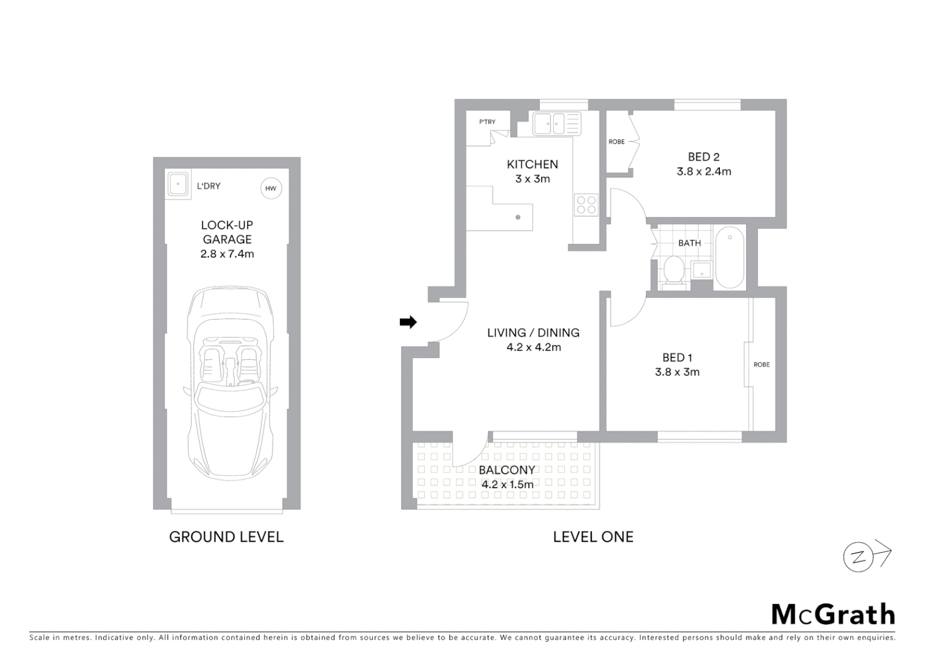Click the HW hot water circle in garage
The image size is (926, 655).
[270, 188]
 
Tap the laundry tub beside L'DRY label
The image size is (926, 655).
[178, 184]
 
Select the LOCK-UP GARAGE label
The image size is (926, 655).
[227, 232]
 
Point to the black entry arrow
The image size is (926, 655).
[408, 322]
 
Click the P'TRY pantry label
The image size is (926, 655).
[487, 122]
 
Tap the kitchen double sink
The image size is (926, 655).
[556, 124]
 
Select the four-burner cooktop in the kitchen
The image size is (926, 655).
[586, 204]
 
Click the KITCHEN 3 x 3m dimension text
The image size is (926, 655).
[532, 179]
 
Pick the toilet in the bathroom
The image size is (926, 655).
[673, 270]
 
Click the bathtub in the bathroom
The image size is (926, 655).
[730, 258]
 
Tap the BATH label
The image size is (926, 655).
[689, 243]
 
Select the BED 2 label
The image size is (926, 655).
[703, 157]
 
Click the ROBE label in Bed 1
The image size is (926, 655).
[761, 364]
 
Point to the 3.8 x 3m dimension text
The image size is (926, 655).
[677, 372]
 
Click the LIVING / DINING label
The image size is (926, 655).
[533, 332]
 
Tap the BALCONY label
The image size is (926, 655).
[507, 470]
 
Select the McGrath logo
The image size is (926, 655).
[833, 614]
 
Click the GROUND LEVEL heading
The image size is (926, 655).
[226, 537]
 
